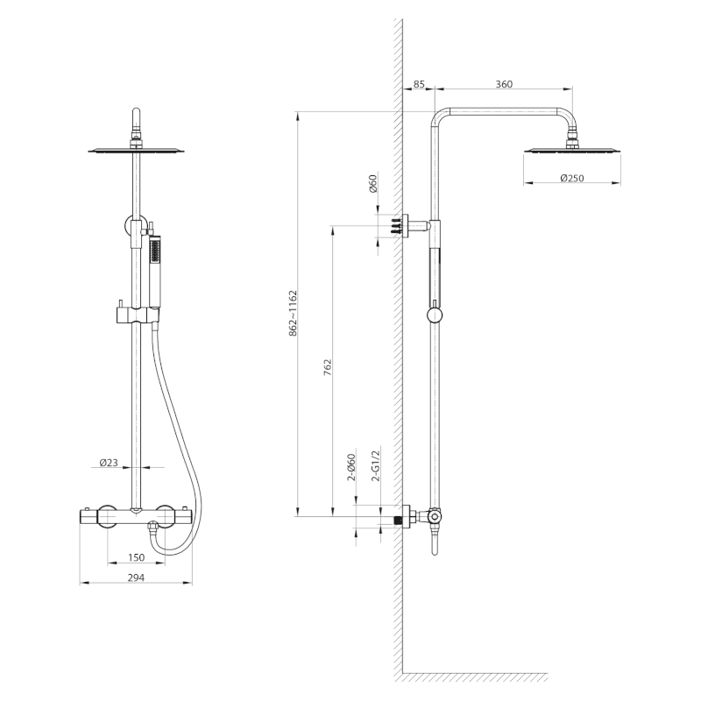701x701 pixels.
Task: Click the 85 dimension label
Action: (419, 84)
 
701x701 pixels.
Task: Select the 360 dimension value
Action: (504, 84)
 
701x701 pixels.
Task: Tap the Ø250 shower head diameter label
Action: (572, 178)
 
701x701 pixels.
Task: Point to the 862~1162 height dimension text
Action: (293, 314)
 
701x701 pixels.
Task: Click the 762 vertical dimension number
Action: (328, 366)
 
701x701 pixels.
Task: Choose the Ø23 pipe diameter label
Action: (109, 463)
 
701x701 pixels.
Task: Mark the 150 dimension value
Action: (137, 557)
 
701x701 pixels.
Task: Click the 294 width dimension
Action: (137, 577)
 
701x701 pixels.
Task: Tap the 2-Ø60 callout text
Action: (351, 467)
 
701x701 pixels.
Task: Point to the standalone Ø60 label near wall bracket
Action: (373, 183)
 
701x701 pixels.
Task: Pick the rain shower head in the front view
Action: (137, 150)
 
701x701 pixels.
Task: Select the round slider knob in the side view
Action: (435, 315)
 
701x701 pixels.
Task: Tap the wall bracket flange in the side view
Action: (406, 226)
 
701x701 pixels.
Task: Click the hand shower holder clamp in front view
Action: (138, 315)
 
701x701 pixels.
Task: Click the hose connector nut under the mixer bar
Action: (152, 530)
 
